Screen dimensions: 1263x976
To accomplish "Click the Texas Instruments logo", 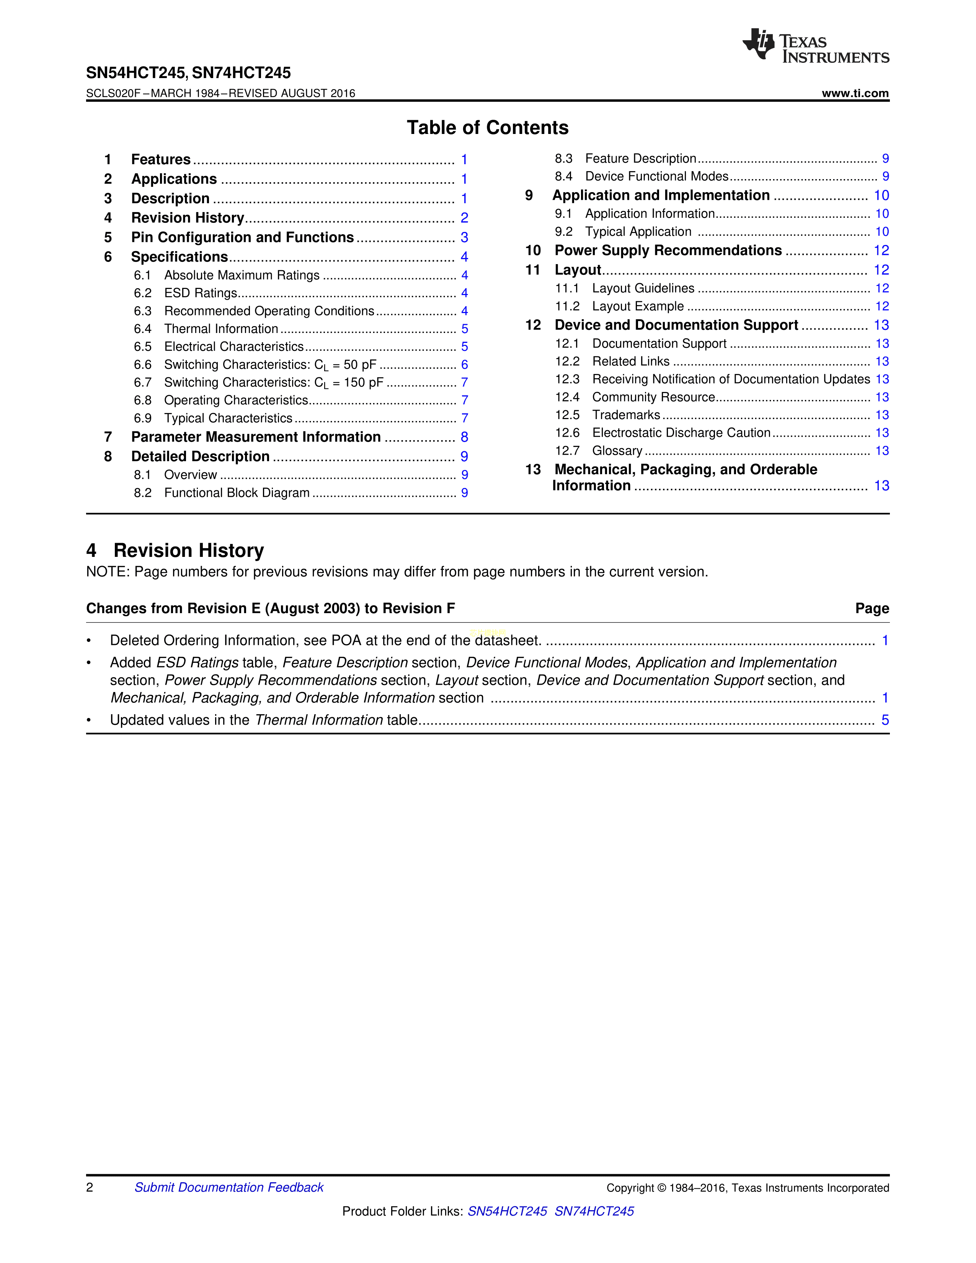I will (x=815, y=46).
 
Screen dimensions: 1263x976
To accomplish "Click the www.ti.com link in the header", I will (x=855, y=93).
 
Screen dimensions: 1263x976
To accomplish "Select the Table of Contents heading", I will (x=487, y=128).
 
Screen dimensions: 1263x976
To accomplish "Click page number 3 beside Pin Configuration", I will (x=464, y=237).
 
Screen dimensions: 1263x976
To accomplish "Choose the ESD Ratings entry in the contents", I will (x=201, y=293).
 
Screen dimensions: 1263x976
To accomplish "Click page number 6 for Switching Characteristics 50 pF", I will (x=464, y=364).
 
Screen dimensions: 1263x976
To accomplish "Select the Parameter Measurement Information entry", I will (x=256, y=437).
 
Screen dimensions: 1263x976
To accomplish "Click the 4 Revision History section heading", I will (x=175, y=550).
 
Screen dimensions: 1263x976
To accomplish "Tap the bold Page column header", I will (x=872, y=609).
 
